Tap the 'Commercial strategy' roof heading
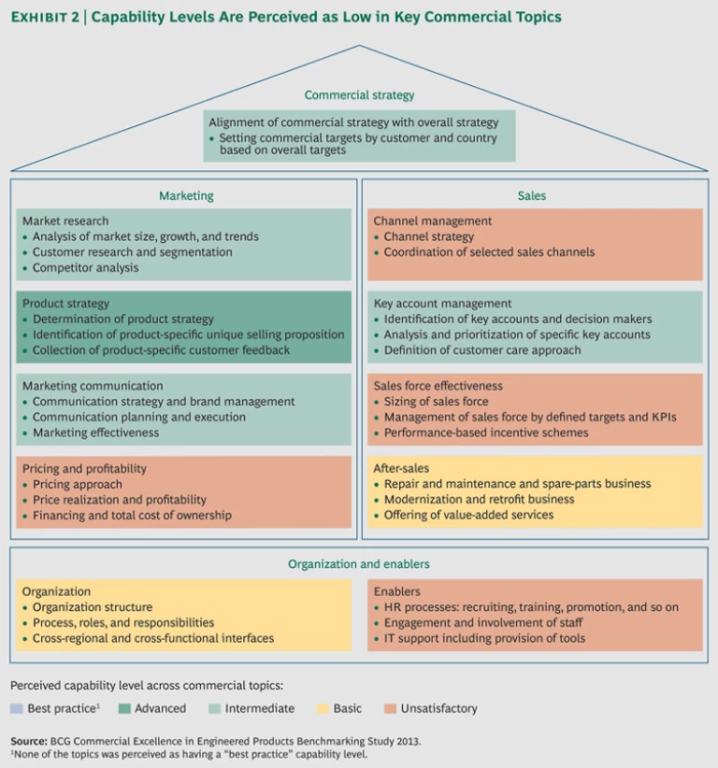pyautogui.click(x=359, y=95)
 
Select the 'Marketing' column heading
pyautogui.click(x=185, y=196)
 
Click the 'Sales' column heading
pyautogui.click(x=531, y=196)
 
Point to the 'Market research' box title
pyautogui.click(x=65, y=221)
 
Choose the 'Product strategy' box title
pyautogui.click(x=65, y=304)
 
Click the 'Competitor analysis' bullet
pyautogui.click(x=85, y=268)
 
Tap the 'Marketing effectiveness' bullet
pyautogui.click(x=95, y=433)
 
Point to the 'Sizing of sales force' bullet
pyautogui.click(x=436, y=402)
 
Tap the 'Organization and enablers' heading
pyautogui.click(x=359, y=564)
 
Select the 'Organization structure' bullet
pyautogui.click(x=92, y=607)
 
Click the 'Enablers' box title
pyautogui.click(x=396, y=591)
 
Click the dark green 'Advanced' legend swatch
pyautogui.click(x=123, y=709)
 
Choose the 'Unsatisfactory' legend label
pyautogui.click(x=437, y=709)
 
